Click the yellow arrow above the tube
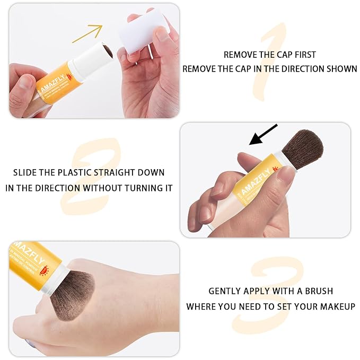(88, 32)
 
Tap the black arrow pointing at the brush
(264, 135)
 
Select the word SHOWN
(343, 69)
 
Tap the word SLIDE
(25, 173)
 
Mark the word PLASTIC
(84, 173)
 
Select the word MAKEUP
(337, 306)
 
